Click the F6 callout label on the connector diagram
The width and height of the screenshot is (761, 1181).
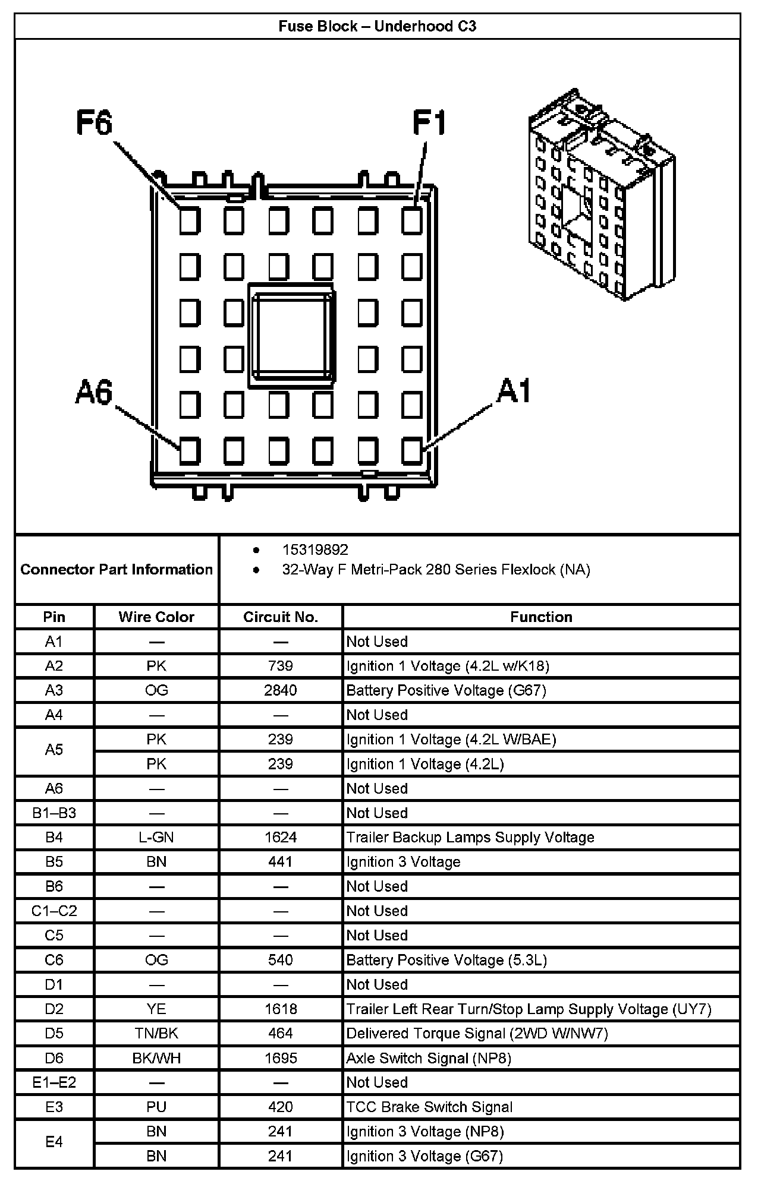95,124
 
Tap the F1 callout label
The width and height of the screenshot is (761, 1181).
429,124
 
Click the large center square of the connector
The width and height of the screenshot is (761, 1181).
292,336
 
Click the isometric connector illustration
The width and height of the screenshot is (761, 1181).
601,196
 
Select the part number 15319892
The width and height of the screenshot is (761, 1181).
315,550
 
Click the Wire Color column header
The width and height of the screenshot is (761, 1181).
156,617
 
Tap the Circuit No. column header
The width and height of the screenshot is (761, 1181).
281,617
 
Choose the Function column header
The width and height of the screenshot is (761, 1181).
541,617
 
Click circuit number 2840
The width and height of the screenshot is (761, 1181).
281,690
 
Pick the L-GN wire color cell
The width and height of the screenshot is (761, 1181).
156,837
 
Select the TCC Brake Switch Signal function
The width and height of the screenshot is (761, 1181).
429,1107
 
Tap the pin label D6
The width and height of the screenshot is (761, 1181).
54,1058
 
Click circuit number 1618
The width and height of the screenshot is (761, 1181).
281,1009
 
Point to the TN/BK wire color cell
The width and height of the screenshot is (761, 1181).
156,1033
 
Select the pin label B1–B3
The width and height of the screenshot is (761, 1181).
54,813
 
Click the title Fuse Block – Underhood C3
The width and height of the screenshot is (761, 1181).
378,27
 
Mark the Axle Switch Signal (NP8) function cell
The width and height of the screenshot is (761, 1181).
429,1058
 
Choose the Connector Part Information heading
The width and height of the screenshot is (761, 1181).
117,569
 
